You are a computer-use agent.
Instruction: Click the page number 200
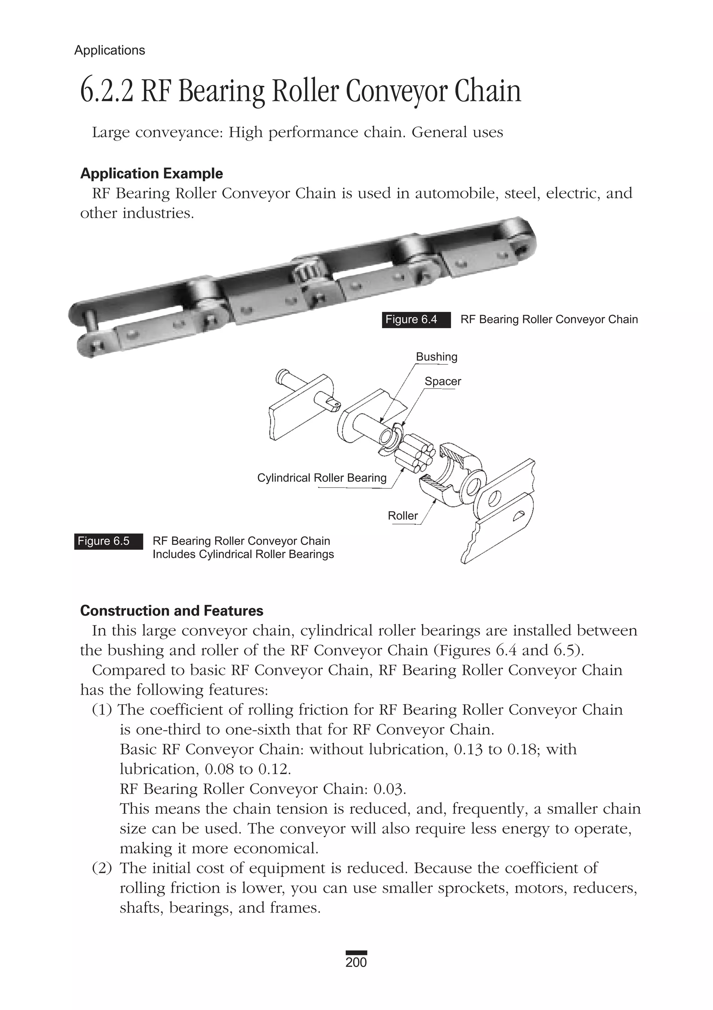(356, 962)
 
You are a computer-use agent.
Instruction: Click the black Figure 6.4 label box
(416, 320)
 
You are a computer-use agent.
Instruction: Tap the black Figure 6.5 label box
(108, 541)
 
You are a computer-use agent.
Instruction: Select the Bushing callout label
(437, 357)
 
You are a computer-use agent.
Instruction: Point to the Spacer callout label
(442, 381)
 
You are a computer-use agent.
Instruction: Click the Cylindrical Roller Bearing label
(322, 478)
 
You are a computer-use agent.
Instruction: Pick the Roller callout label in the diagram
(402, 515)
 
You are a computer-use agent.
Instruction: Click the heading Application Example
(151, 173)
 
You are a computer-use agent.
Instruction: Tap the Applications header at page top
(110, 50)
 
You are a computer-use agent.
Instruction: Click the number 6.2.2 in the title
(107, 91)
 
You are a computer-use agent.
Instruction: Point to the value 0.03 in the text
(389, 789)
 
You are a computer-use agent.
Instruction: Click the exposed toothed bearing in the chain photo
(305, 272)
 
